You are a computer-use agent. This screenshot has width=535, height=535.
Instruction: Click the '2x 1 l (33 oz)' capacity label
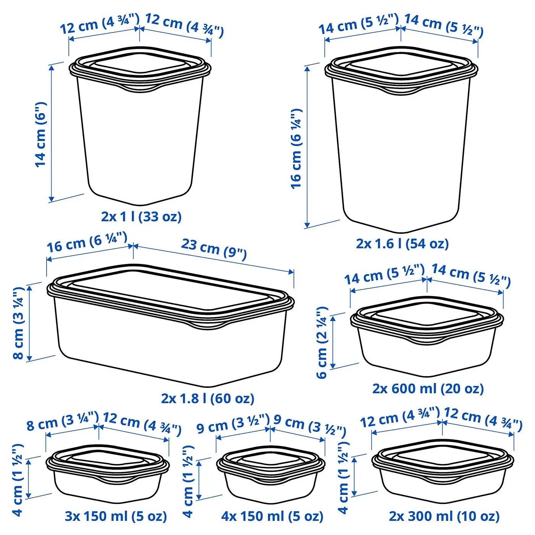click(141, 217)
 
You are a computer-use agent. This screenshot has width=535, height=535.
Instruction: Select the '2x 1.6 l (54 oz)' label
click(402, 244)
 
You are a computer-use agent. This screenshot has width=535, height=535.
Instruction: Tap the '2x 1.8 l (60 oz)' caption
click(208, 399)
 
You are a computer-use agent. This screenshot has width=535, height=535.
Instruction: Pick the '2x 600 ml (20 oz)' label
click(428, 389)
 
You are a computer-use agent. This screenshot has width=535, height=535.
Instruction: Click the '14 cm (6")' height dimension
click(41, 135)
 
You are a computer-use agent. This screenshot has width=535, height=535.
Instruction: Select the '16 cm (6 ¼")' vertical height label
click(296, 149)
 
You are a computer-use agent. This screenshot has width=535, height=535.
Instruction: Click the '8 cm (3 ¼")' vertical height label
click(19, 323)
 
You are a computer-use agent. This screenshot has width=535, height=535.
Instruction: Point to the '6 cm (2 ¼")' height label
click(322, 343)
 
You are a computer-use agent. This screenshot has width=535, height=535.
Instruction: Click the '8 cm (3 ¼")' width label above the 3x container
click(62, 421)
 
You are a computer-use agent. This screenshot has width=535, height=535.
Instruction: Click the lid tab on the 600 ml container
click(427, 341)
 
